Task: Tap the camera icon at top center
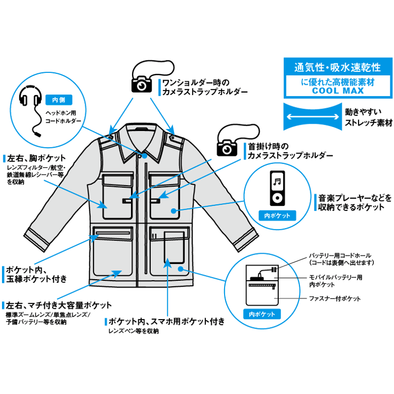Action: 142,85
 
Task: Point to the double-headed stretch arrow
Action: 312,117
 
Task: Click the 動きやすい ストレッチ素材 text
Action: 368,117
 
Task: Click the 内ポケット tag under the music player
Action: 277,215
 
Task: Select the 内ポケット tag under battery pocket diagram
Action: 262,314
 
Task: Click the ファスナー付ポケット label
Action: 334,298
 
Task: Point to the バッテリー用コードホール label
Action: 339,255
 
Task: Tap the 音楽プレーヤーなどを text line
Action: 354,198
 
